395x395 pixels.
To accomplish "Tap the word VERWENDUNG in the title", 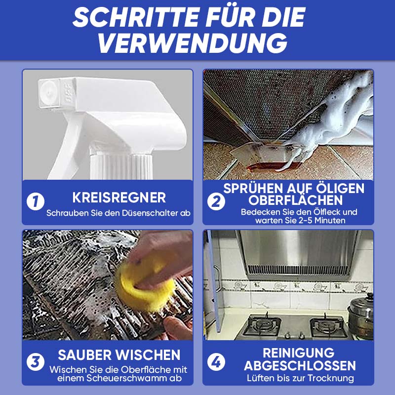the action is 193,43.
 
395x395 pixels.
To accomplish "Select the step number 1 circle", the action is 36,201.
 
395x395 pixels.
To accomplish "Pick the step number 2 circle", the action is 216,201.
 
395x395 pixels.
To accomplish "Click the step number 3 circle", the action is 36,362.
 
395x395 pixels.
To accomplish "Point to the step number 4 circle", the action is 216,362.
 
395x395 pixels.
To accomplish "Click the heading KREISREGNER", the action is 119,197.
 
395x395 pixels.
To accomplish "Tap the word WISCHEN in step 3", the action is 151,355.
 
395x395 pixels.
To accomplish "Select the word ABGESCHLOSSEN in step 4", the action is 300,365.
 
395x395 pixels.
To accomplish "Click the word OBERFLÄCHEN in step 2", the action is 295,200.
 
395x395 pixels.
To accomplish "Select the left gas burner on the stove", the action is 262,325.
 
